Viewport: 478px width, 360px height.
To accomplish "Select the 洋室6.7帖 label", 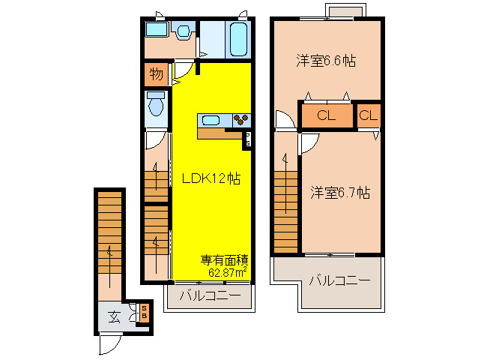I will [x=340, y=192].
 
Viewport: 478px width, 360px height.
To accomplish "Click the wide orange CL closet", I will [x=326, y=115].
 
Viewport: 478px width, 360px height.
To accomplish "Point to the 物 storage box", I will [x=156, y=74].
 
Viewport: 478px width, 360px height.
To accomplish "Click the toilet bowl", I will [x=156, y=106].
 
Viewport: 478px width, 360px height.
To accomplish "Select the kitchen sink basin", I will [x=211, y=120].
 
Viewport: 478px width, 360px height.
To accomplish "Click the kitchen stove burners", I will [x=241, y=120].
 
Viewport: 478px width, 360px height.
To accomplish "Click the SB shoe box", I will [x=144, y=310].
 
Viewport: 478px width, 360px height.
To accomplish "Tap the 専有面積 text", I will [x=224, y=260].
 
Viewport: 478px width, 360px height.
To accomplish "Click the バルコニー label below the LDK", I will [x=209, y=296].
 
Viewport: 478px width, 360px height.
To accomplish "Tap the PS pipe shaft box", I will [x=247, y=139].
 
